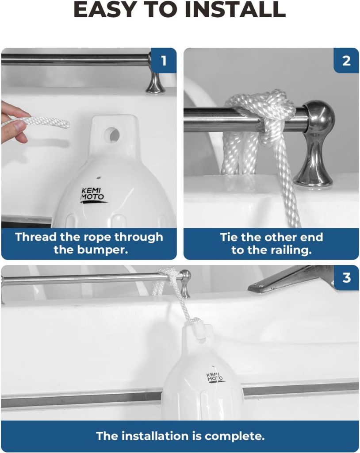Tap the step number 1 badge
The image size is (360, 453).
tap(164, 60)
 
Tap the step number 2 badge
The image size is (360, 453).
tap(346, 60)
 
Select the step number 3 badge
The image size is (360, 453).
tap(346, 278)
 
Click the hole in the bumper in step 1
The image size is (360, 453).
tap(112, 134)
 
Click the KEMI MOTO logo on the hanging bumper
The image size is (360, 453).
tap(214, 377)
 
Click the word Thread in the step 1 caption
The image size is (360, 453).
tap(36, 237)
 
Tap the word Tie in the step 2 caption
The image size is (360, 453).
tap(229, 237)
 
